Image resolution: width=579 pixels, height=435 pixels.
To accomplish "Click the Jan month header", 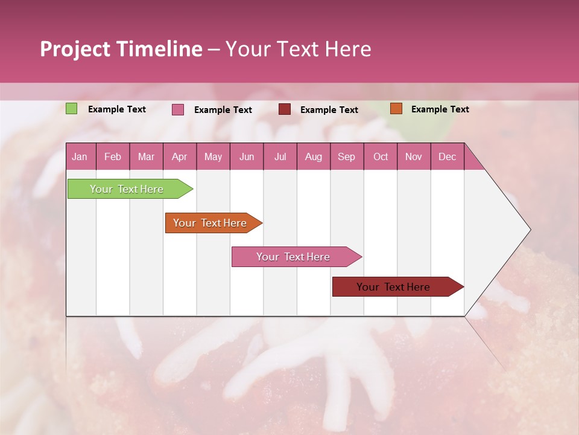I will (80, 157).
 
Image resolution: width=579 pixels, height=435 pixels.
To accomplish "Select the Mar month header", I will (146, 157).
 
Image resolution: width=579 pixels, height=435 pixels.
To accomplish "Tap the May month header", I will (213, 157).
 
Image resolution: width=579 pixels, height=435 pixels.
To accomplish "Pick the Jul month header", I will (280, 157).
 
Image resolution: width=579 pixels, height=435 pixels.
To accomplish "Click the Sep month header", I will (346, 157).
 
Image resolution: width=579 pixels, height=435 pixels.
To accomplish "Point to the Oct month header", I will (381, 157).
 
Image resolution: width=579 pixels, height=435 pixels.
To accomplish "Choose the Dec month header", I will (447, 157).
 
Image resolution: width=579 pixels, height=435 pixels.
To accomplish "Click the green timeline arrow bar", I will (127, 189).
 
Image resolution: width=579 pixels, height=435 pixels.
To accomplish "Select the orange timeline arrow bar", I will (210, 223).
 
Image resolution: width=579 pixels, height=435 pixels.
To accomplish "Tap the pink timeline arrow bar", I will (294, 257).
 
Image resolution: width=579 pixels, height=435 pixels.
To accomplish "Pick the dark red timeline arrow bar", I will (394, 287).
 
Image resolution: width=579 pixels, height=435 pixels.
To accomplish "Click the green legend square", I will (72, 109).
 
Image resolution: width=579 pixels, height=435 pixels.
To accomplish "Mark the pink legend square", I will (178, 109).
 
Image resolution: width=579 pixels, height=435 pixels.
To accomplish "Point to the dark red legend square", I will (285, 109).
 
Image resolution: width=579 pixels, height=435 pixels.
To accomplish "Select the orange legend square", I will (396, 109).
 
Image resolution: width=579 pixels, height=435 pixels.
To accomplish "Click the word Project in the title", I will (75, 49).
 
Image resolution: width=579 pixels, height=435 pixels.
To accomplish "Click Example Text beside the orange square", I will (440, 109).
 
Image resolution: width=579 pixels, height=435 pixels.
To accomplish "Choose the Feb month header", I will (113, 157).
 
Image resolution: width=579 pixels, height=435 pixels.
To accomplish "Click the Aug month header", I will (313, 157).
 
